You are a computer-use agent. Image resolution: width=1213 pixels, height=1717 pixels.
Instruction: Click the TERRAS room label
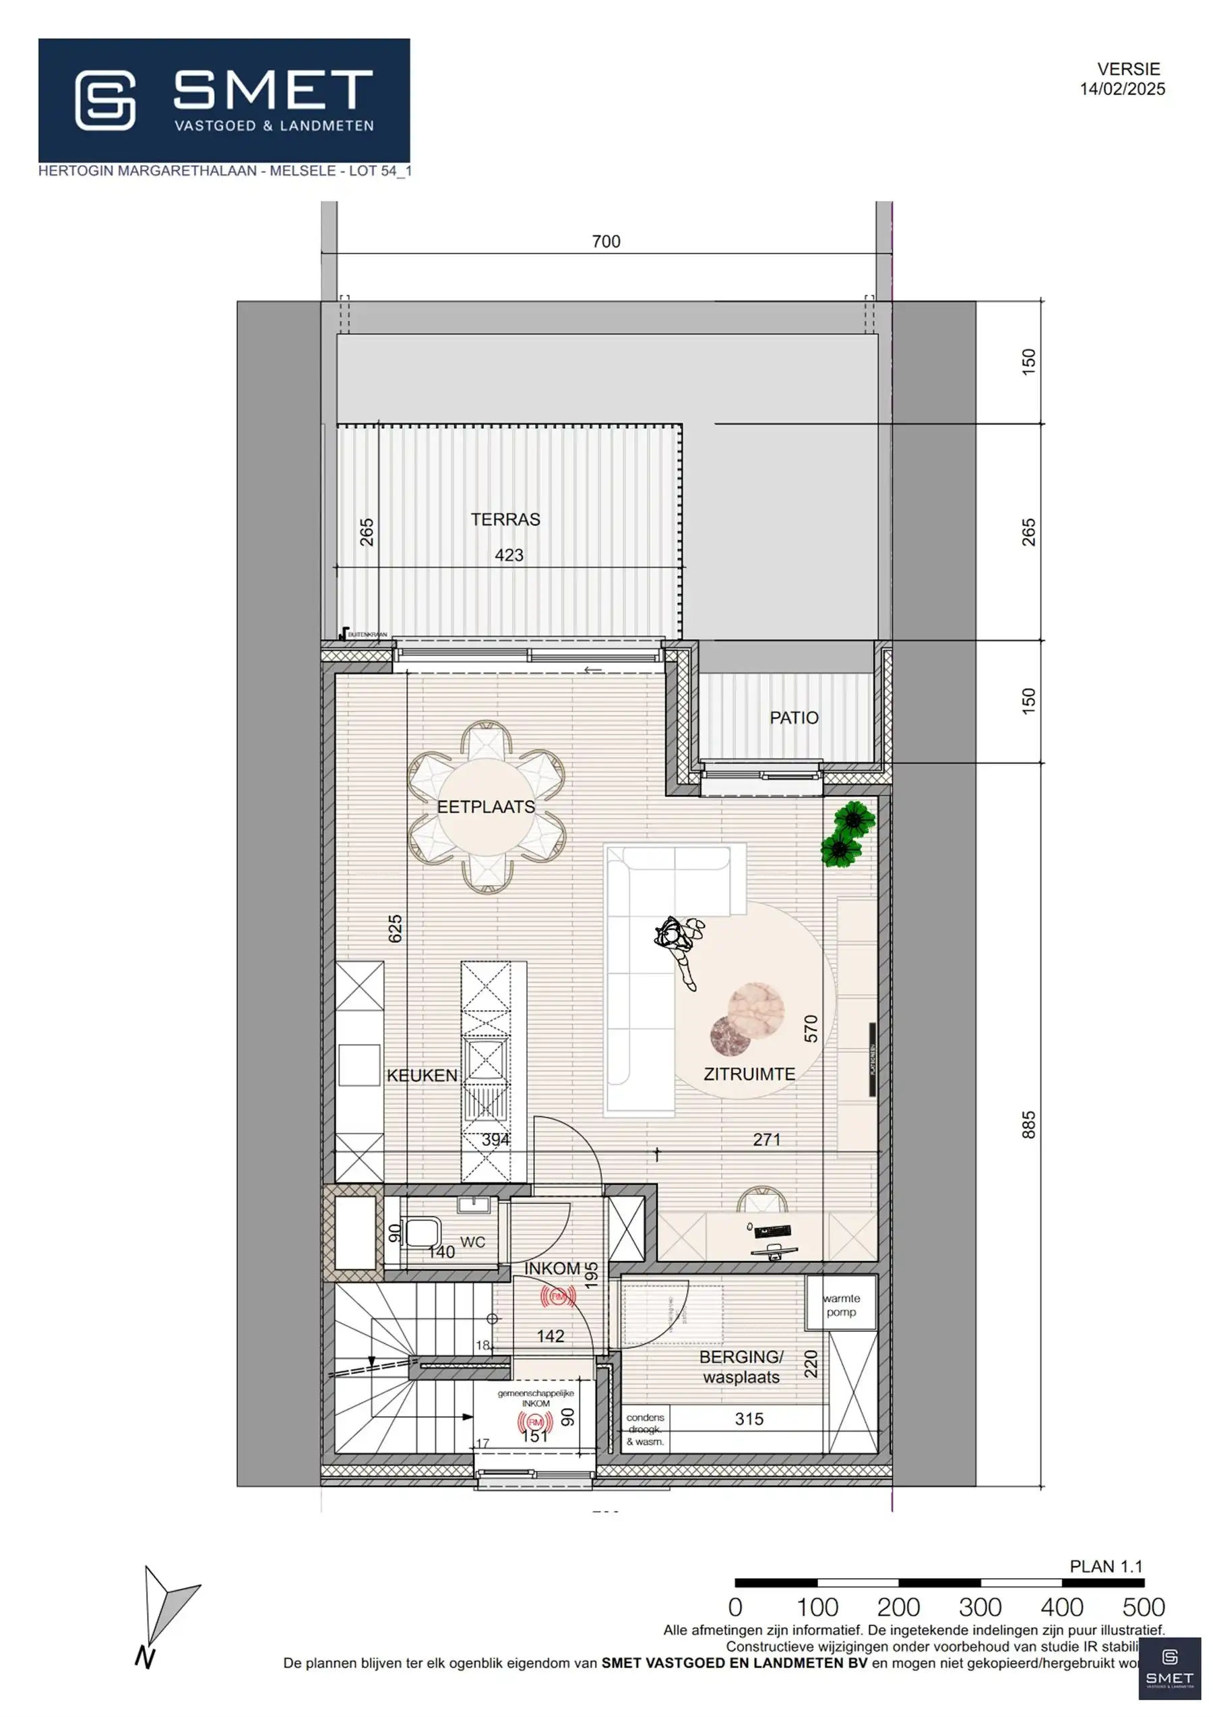click(505, 519)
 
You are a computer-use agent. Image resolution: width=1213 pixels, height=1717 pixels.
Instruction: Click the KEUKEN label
click(422, 1076)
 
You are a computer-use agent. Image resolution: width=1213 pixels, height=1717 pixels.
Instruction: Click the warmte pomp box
click(841, 1305)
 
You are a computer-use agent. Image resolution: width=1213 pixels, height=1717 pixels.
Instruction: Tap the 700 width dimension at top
click(605, 241)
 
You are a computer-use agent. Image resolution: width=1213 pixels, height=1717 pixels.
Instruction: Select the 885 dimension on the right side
click(1028, 1125)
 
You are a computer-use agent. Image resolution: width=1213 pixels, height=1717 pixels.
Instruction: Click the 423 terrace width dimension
click(509, 555)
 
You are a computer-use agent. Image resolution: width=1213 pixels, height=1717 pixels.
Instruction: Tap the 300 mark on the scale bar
click(979, 1606)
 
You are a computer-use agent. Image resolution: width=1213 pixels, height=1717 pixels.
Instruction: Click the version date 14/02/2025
click(1122, 89)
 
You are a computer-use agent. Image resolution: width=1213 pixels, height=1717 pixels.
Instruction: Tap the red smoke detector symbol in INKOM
click(557, 1297)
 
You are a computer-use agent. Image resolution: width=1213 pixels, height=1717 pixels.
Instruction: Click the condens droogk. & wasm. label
click(645, 1429)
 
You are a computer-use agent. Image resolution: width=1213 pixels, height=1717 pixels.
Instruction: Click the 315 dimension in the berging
click(749, 1419)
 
